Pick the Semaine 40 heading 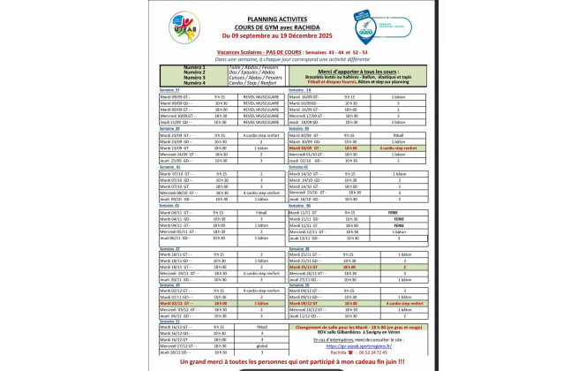click(x=297, y=128)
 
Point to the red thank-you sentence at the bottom click(x=292, y=361)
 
